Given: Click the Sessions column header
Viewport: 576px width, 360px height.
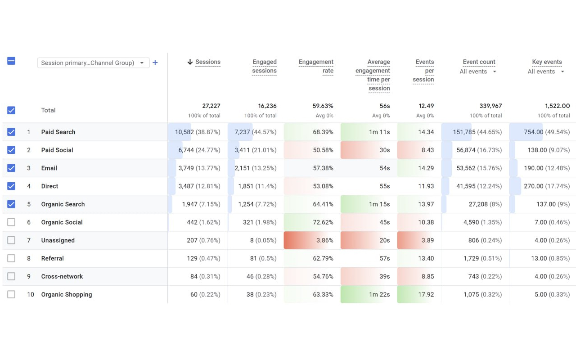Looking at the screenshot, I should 207,62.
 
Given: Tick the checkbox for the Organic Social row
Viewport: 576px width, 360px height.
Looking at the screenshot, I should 11,222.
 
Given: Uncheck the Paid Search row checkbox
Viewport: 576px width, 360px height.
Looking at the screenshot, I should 11,132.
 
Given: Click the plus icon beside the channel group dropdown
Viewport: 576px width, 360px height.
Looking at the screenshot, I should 155,63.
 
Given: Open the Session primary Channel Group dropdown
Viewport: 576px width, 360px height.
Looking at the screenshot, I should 93,63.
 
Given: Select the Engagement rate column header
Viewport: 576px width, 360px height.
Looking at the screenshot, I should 316,66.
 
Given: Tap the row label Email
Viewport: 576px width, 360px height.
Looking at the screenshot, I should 49,168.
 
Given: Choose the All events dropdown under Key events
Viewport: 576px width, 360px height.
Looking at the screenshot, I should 546,72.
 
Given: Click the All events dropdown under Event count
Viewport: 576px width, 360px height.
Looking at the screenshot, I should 478,72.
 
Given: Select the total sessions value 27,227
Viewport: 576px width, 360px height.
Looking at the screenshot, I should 211,106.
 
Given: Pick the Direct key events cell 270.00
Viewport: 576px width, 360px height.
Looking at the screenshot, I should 546,186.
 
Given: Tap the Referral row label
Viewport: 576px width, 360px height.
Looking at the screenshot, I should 52,258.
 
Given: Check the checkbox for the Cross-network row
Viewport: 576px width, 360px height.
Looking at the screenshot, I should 11,276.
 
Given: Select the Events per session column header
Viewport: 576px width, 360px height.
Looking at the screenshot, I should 424,71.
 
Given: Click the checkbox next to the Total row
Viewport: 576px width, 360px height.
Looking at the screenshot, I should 11,110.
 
